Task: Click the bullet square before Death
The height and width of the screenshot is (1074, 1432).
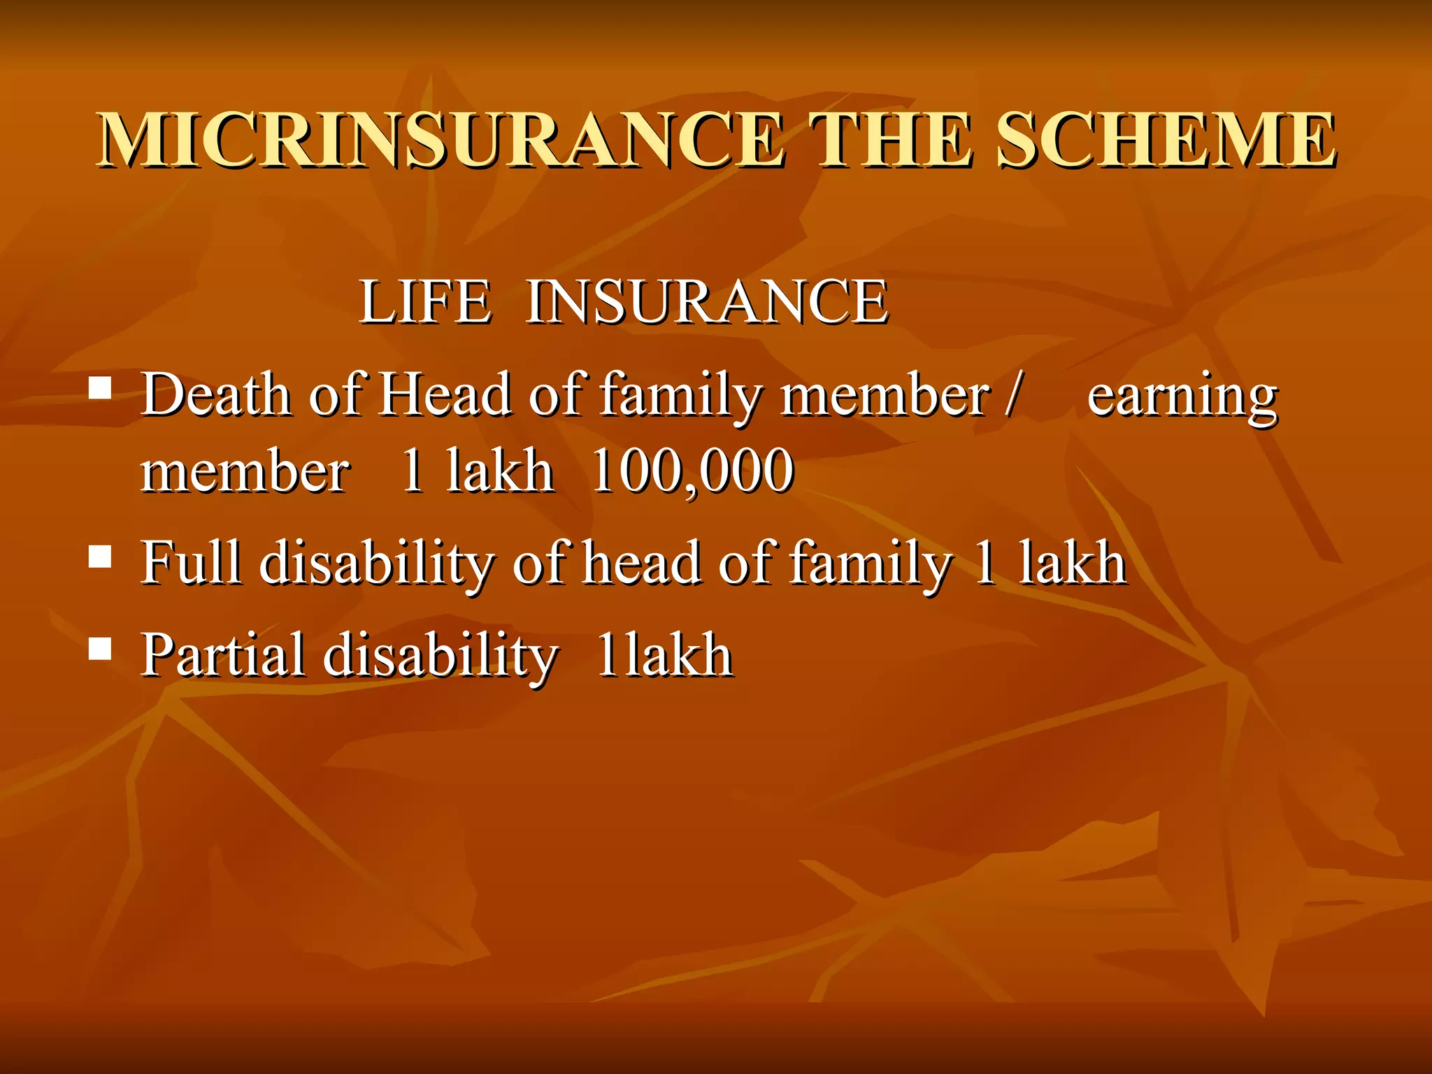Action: click(101, 387)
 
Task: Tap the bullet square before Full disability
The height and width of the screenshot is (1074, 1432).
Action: click(101, 557)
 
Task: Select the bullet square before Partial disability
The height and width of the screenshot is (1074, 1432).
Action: click(101, 648)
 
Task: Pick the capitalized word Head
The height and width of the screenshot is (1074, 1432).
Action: click(445, 395)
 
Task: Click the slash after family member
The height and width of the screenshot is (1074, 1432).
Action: click(1012, 395)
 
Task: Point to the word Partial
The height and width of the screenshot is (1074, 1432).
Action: click(222, 656)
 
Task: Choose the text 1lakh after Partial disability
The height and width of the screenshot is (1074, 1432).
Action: click(664, 656)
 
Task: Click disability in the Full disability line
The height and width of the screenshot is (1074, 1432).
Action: click(377, 564)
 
